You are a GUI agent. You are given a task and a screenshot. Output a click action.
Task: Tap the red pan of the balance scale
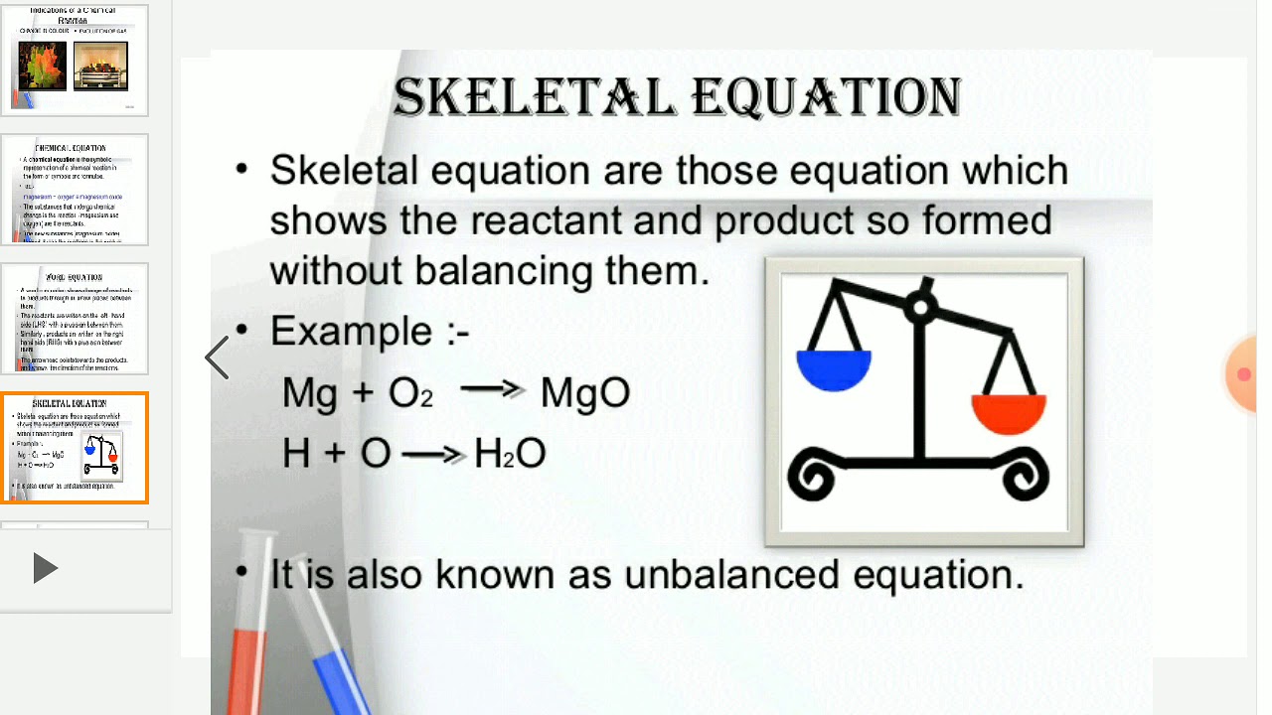click(1009, 413)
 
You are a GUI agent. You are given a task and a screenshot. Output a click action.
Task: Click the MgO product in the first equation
click(585, 393)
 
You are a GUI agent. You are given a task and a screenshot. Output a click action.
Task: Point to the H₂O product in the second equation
click(510, 454)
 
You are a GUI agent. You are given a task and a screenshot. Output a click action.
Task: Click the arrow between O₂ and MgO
click(493, 391)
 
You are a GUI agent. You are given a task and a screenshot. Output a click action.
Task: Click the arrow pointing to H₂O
click(434, 455)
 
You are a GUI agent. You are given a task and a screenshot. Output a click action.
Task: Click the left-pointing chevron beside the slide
click(217, 357)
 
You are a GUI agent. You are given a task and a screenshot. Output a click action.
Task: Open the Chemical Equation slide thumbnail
click(75, 190)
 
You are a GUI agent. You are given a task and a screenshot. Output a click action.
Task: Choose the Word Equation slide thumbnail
click(75, 319)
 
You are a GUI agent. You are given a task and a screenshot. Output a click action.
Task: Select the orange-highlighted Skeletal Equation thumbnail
click(75, 448)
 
